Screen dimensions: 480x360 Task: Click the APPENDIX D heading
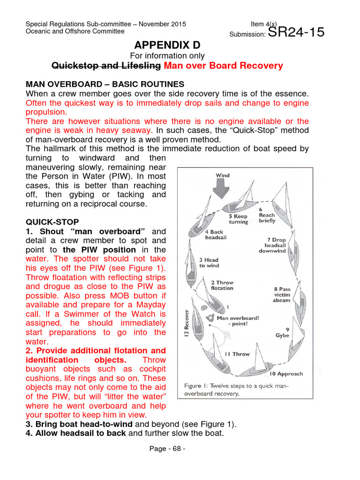click(167, 45)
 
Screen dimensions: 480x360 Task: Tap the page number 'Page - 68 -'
click(167, 449)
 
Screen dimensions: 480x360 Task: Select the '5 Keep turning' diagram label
click(238, 219)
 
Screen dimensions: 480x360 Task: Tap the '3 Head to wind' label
click(209, 262)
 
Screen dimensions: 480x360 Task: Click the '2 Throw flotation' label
click(222, 285)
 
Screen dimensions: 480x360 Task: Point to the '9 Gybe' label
click(283, 332)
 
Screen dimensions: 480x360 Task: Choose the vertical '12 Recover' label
click(188, 325)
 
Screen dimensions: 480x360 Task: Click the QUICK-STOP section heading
click(52, 222)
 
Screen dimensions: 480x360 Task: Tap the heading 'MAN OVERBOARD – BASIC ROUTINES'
click(105, 84)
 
